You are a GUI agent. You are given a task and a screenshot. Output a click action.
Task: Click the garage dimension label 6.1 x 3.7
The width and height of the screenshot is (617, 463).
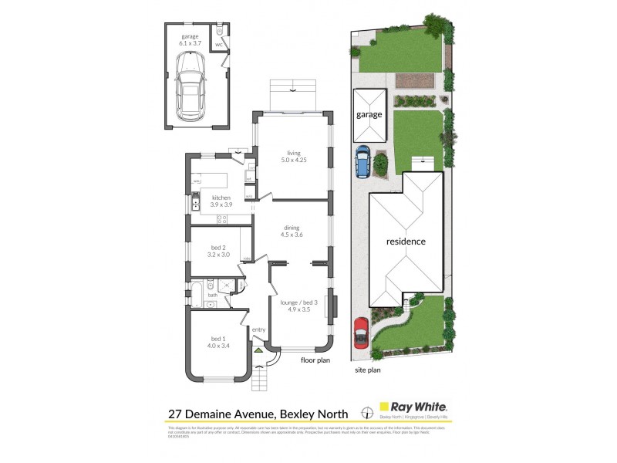190,44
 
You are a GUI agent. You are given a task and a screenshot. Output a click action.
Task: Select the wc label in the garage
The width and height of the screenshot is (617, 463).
219,45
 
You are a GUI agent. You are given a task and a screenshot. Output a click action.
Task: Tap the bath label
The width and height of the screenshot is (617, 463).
212,295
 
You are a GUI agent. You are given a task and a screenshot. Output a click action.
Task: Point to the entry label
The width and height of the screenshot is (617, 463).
258,330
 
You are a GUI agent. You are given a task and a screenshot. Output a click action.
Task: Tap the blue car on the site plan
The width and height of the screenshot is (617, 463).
362,163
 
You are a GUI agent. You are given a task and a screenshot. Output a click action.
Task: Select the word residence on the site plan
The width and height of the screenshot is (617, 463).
406,242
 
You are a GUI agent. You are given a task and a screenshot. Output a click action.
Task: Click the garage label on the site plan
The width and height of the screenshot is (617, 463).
369,115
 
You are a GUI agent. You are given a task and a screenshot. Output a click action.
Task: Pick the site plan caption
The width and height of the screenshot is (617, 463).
367,370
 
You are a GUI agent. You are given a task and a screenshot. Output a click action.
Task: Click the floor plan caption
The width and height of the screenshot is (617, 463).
315,359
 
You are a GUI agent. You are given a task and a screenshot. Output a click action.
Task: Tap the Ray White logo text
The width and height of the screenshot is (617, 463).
420,406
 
